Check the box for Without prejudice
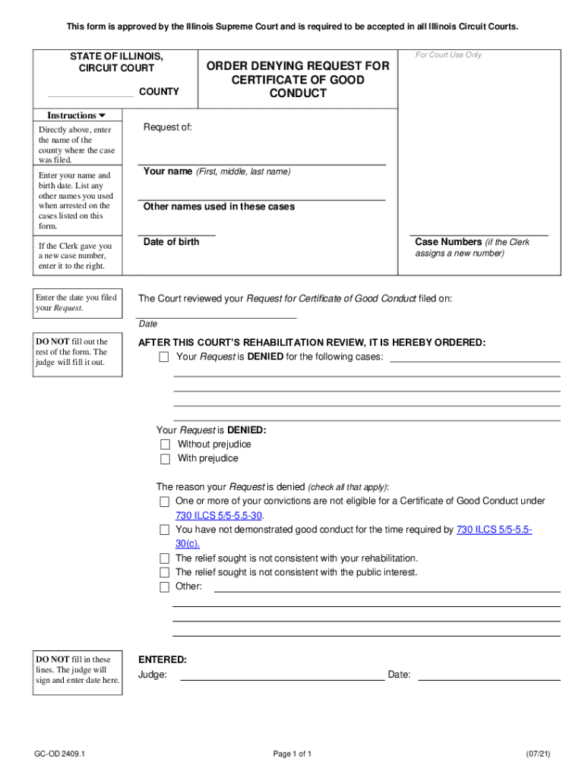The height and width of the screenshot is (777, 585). click(165, 445)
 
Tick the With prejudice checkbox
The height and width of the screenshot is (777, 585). click(165, 459)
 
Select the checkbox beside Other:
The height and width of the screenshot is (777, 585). click(164, 587)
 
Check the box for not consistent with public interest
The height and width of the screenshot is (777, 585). click(164, 573)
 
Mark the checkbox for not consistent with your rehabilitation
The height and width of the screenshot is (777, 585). click(164, 558)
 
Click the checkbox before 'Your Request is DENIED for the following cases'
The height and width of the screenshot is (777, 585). click(163, 357)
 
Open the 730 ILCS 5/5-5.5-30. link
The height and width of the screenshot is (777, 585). click(220, 515)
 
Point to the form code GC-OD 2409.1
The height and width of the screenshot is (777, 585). click(60, 753)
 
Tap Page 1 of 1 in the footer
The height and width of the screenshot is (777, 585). click(292, 753)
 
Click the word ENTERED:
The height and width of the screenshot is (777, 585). click(162, 660)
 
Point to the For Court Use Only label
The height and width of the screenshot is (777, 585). click(448, 55)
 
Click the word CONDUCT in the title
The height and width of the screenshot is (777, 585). click(298, 93)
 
